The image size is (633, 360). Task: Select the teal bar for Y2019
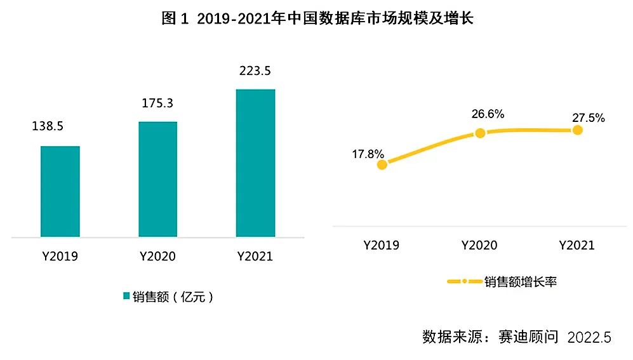pyautogui.click(x=60, y=191)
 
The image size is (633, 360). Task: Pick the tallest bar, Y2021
pyautogui.click(x=255, y=163)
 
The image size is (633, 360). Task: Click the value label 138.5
pyautogui.click(x=48, y=126)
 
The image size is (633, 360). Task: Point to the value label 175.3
pyautogui.click(x=157, y=102)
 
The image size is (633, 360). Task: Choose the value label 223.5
pyautogui.click(x=255, y=70)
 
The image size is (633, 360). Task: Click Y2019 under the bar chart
pyautogui.click(x=60, y=257)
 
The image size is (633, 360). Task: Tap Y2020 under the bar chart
pyautogui.click(x=157, y=257)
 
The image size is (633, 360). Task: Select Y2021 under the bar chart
pyautogui.click(x=255, y=257)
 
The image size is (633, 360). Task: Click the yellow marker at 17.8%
pyautogui.click(x=382, y=164)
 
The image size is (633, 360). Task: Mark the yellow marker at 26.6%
pyautogui.click(x=480, y=133)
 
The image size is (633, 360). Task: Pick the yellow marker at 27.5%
pyautogui.click(x=577, y=130)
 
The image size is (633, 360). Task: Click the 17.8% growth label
pyautogui.click(x=369, y=153)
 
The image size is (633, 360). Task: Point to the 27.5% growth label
pyautogui.click(x=587, y=117)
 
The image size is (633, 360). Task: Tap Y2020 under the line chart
pyautogui.click(x=479, y=245)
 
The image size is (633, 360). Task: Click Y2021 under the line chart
pyautogui.click(x=576, y=245)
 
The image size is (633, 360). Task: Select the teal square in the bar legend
pyautogui.click(x=126, y=297)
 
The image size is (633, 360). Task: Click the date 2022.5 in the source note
pyautogui.click(x=589, y=338)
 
